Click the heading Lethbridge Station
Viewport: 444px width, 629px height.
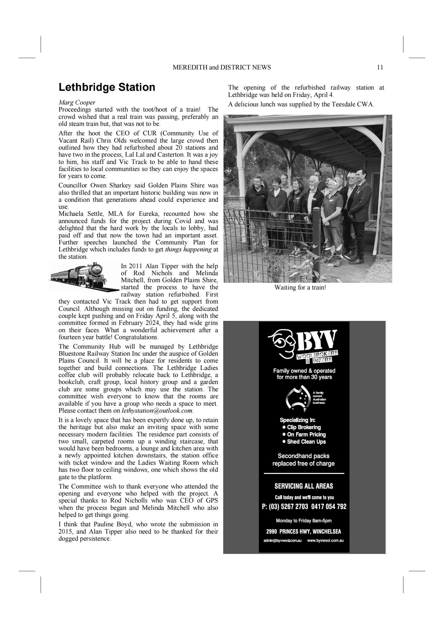(107, 87)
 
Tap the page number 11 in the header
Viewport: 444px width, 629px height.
(380, 67)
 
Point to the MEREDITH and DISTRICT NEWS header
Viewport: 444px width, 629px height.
(221, 67)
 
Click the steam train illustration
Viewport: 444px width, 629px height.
(84, 277)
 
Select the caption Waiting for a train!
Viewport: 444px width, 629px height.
(300, 287)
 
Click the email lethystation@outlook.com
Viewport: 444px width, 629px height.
(157, 410)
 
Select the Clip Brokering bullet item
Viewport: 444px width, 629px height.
(303, 427)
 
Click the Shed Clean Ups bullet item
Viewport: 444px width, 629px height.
(306, 442)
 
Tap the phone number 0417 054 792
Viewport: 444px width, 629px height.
(329, 506)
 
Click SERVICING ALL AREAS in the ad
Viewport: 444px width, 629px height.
(304, 486)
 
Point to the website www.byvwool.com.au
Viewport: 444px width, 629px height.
(325, 541)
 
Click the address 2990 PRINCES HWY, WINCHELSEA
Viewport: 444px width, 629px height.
(304, 531)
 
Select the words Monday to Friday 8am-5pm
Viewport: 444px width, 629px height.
(304, 521)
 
